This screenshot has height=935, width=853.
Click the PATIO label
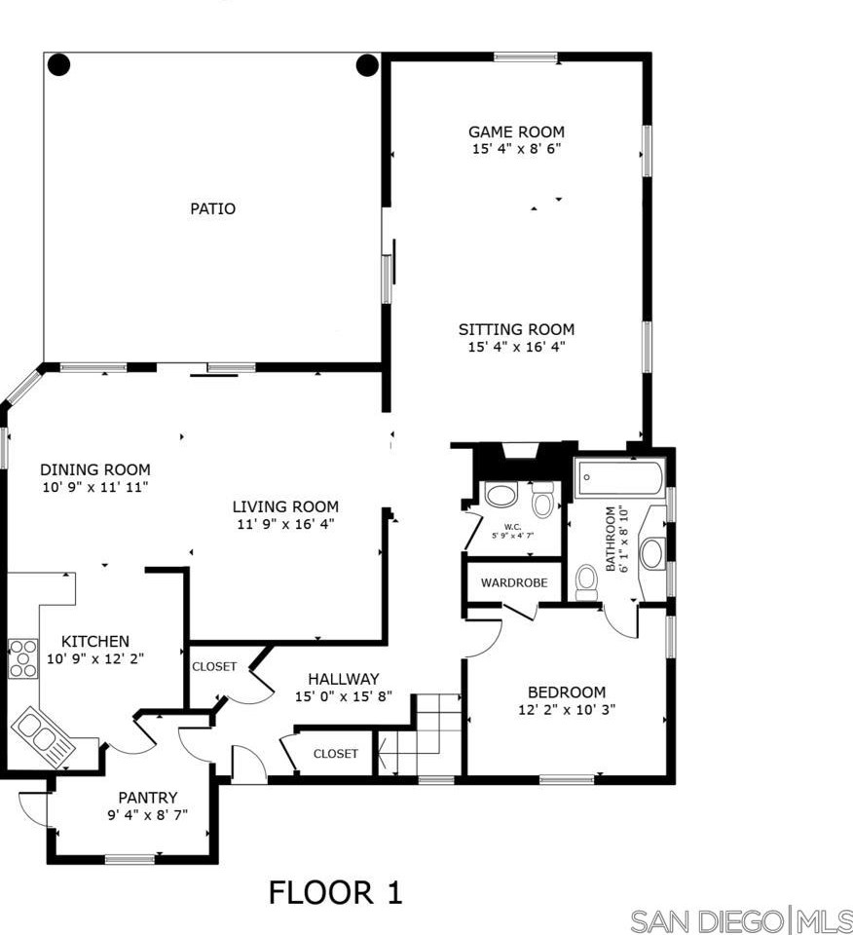[x=212, y=208]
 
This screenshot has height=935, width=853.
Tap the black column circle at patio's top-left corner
[x=59, y=65]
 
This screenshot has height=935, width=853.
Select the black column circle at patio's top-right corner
[x=366, y=65]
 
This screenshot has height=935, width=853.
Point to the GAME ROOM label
[x=516, y=131]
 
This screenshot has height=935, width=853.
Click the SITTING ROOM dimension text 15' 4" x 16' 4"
[x=516, y=346]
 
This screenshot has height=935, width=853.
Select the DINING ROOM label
[x=95, y=469]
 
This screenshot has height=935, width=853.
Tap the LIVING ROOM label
[x=285, y=506]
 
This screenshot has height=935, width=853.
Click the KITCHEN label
[x=95, y=641]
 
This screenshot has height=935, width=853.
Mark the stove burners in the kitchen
[x=22, y=657]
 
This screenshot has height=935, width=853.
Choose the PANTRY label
[x=147, y=798]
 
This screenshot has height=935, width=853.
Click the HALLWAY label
[x=343, y=679]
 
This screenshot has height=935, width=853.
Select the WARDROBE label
[x=514, y=582]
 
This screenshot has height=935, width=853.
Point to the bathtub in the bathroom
[x=619, y=478]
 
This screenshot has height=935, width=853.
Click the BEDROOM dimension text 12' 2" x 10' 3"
[x=566, y=710]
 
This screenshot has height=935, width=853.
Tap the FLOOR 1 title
[x=335, y=892]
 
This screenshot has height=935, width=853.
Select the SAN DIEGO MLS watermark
[x=740, y=919]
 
